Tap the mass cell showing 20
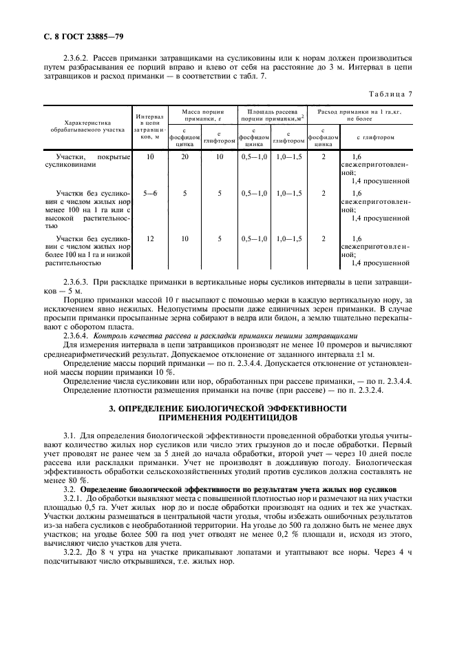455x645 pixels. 184,157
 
